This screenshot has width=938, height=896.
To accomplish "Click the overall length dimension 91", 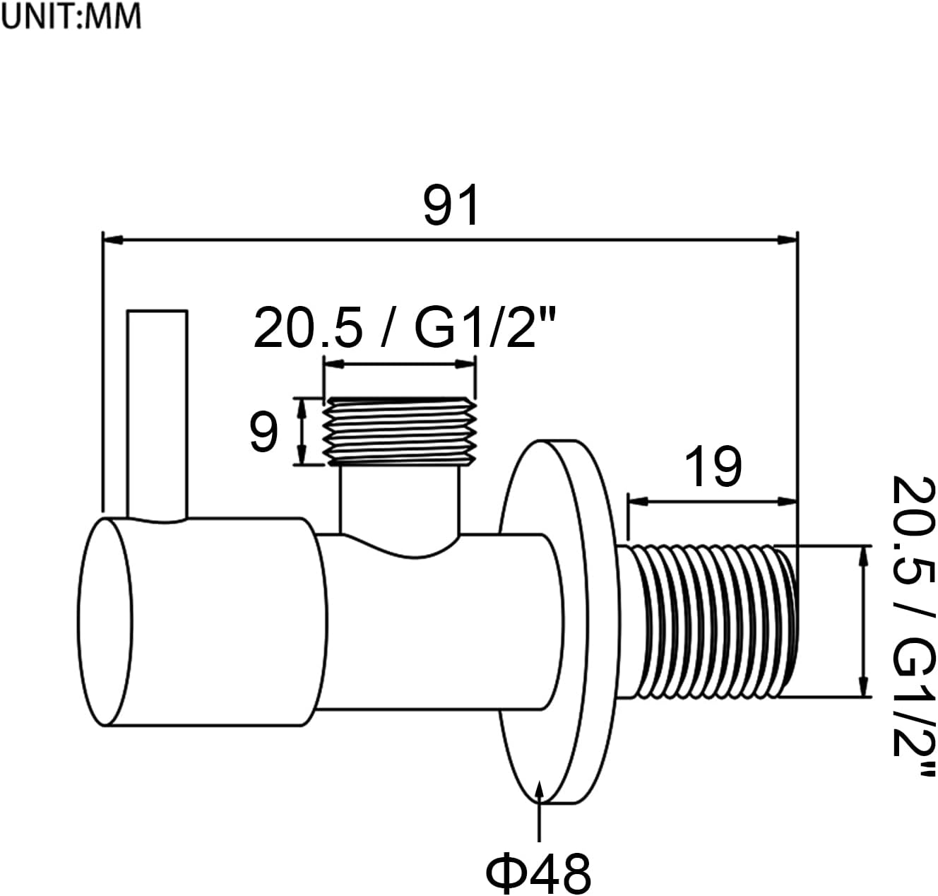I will click(x=451, y=205).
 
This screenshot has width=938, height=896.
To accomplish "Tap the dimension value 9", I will click(x=263, y=432).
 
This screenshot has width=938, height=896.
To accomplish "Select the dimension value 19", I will click(x=713, y=467).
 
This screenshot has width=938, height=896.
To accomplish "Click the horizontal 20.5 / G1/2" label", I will click(x=405, y=329).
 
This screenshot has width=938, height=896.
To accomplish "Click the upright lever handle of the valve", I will click(x=158, y=413).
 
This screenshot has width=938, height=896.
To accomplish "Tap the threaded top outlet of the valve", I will click(x=399, y=431).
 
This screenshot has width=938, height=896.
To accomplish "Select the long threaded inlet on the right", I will click(x=710, y=620).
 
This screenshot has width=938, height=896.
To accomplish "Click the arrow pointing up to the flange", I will click(x=540, y=813).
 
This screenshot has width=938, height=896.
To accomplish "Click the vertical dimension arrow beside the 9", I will click(x=302, y=432).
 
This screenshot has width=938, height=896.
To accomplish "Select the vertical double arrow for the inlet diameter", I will click(x=862, y=620).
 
